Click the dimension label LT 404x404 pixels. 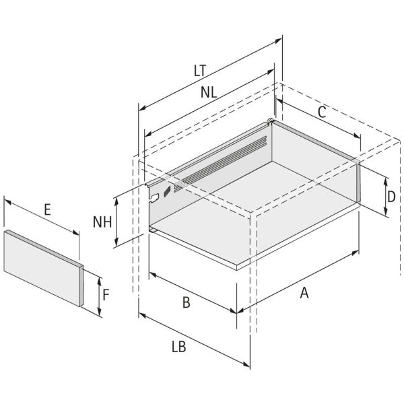pos(200,71)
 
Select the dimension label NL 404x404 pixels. pos(209,92)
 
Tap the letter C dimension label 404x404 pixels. pos(322,112)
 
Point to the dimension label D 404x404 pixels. pos(391,197)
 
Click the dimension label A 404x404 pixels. pos(304,293)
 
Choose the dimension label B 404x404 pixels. pos(187,302)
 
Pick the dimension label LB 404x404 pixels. pos(179,347)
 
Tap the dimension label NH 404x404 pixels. pos(102,222)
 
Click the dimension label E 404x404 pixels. pos(47,209)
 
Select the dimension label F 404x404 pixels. pos(106,295)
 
